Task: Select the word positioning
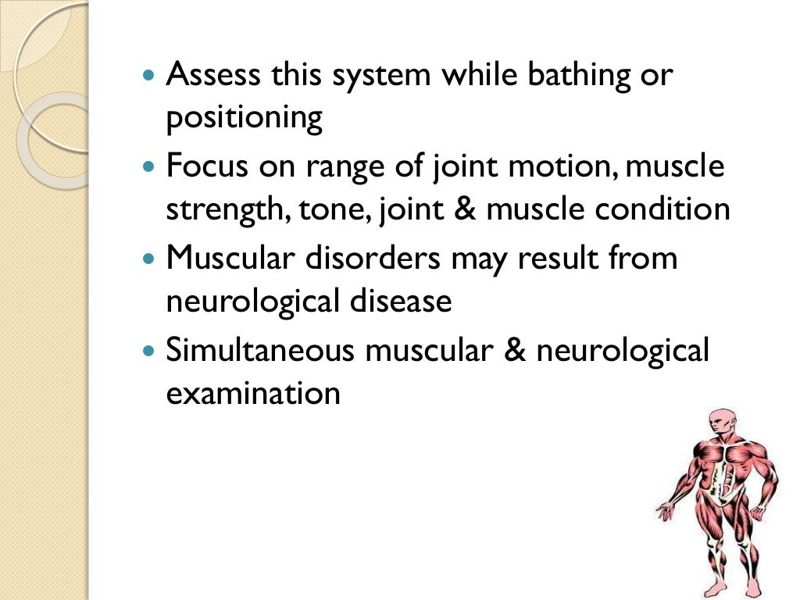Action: [244, 120]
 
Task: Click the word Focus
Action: [203, 166]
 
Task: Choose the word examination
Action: [253, 392]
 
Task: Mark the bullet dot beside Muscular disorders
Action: [151, 259]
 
